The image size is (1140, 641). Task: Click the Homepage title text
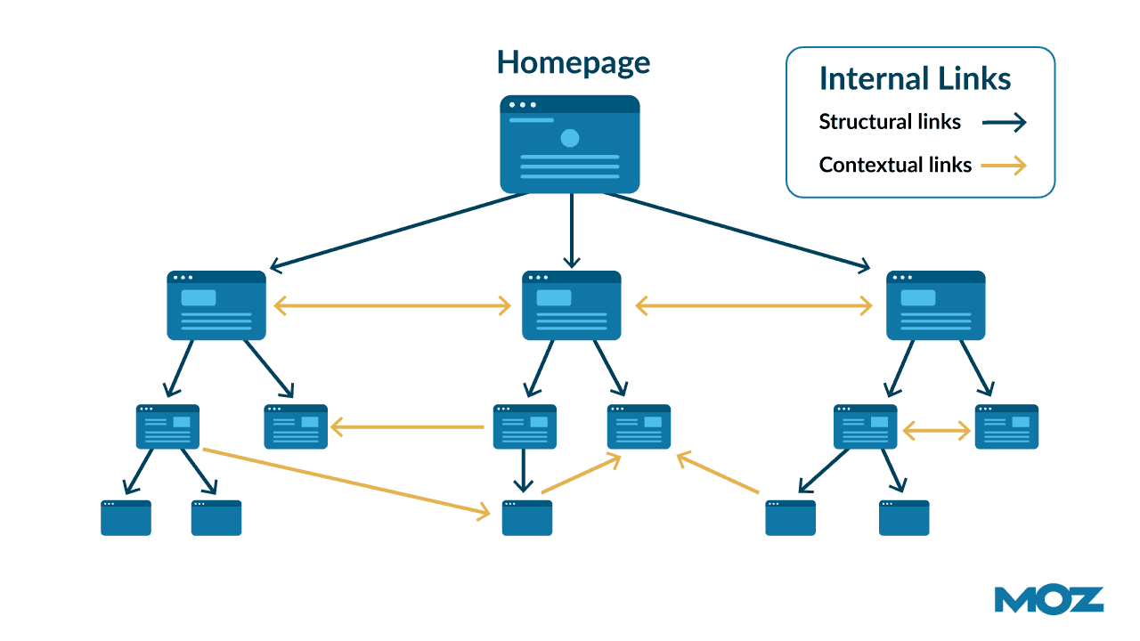573,63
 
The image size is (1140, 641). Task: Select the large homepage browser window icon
570,144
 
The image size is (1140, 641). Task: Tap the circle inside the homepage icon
570,138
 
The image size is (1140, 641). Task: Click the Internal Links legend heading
915,79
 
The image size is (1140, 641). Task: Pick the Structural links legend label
890,122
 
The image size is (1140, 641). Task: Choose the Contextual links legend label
895,165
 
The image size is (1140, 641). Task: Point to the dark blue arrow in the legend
1005,123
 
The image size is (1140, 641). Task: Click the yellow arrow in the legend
1005,166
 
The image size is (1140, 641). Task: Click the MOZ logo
1049,600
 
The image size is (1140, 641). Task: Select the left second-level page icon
216,305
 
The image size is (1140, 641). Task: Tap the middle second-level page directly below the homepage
571,305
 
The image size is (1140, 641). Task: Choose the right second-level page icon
936,305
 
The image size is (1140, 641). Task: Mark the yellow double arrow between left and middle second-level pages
393,306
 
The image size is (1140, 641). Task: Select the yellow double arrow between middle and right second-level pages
753,306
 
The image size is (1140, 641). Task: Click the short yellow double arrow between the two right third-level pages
936,432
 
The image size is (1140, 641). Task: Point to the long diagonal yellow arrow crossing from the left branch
347,482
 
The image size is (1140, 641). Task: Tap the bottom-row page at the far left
126,518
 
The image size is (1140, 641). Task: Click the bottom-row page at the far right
904,518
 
